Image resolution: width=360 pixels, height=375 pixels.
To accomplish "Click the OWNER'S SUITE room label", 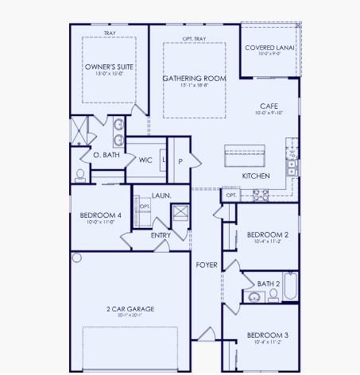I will click(x=109, y=68).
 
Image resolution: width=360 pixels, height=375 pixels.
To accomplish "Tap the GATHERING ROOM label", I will click(x=194, y=79).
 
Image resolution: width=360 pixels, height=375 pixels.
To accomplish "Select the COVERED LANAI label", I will click(x=270, y=48).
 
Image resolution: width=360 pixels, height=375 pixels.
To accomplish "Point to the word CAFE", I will click(x=268, y=106).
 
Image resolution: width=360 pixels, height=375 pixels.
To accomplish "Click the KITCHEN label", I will click(x=256, y=176).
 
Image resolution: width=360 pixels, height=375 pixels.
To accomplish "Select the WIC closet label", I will click(x=145, y=160).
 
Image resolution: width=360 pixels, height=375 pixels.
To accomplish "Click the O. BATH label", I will click(x=106, y=155).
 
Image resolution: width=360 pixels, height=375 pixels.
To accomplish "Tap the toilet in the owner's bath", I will click(x=80, y=174).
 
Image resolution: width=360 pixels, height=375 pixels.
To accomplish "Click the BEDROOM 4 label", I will click(x=100, y=215).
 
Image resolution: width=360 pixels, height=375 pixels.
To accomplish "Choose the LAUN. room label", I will click(x=161, y=195).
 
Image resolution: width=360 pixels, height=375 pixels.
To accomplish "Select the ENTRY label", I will click(x=161, y=235).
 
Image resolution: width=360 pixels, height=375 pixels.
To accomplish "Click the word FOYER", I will click(x=207, y=265).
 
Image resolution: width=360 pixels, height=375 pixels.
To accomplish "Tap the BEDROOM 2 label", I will click(x=267, y=235).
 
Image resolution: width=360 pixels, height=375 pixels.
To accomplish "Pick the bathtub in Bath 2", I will click(x=290, y=287).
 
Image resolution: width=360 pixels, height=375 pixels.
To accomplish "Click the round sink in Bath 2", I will click(x=254, y=298).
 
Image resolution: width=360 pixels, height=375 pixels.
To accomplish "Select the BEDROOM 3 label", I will click(x=267, y=335).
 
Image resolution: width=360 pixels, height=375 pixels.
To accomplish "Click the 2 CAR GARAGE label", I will click(x=130, y=309).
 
